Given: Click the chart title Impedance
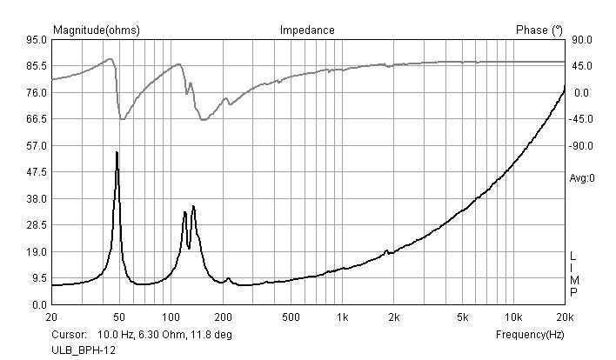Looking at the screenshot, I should (x=307, y=30).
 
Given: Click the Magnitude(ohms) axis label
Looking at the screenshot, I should (x=97, y=30).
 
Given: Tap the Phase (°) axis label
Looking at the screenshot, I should (x=532, y=30).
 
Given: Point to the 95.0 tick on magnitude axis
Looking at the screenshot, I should (x=37, y=40).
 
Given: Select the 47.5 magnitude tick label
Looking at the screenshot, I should (x=37, y=172).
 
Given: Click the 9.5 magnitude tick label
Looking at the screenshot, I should (x=39, y=278).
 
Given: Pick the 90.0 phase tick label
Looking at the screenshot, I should (x=581, y=40).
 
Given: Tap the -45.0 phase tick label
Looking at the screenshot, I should (x=581, y=119).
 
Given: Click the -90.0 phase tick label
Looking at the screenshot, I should (x=581, y=146).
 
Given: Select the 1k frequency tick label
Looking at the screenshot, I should (x=343, y=317).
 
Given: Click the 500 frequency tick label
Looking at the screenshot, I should (x=291, y=317).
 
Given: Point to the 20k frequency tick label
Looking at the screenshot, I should (x=565, y=317).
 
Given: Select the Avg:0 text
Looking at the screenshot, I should (x=581, y=178).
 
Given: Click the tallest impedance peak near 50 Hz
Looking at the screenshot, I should (x=117, y=152).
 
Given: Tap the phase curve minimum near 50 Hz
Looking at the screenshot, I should (x=122, y=119).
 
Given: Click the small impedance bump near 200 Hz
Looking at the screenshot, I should (x=228, y=279).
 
